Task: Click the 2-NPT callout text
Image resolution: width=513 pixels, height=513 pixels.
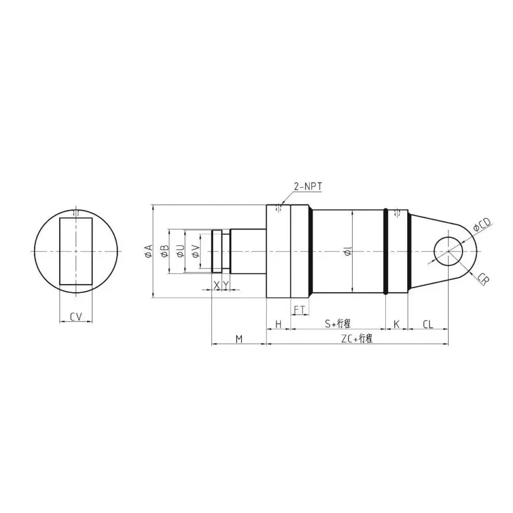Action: (x=308, y=187)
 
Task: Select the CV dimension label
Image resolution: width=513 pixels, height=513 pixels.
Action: (x=76, y=316)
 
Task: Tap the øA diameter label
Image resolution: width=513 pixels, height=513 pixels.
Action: (x=147, y=251)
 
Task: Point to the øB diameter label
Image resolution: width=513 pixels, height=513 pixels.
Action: (x=164, y=251)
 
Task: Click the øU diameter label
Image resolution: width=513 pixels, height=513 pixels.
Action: (x=180, y=251)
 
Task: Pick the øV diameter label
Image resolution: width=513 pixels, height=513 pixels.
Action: (x=195, y=251)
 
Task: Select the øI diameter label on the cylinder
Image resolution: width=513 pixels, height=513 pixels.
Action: (x=348, y=254)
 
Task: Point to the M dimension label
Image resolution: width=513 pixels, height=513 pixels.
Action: (x=239, y=340)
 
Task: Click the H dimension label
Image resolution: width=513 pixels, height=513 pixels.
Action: (x=279, y=324)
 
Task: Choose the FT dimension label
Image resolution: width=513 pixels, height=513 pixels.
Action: (x=300, y=311)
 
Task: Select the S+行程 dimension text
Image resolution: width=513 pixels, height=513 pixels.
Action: (x=337, y=324)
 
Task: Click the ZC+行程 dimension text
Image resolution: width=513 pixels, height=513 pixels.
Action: (x=357, y=339)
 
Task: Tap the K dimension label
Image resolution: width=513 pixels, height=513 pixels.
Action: (x=396, y=324)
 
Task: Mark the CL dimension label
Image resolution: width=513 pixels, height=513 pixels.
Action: (x=427, y=324)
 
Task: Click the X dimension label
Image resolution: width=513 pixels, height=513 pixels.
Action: (x=216, y=285)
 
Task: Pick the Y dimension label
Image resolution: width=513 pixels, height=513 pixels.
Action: (x=226, y=285)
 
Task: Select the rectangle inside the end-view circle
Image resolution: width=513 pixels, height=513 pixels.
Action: (x=76, y=251)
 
